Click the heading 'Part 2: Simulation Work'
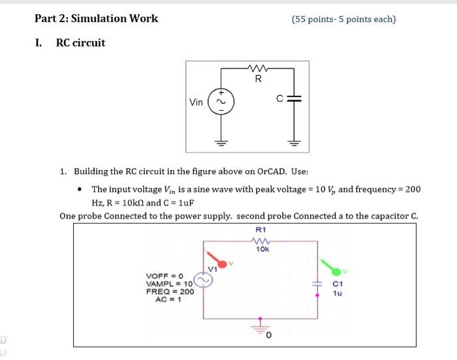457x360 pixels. pyautogui.click(x=97, y=18)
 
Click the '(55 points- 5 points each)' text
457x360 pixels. pyautogui.click(x=343, y=19)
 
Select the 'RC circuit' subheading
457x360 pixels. pyautogui.click(x=80, y=43)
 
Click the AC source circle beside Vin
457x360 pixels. pyautogui.click(x=220, y=102)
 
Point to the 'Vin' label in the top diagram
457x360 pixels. pyautogui.click(x=196, y=102)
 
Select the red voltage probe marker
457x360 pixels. pyautogui.click(x=223, y=263)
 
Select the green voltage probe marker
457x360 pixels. pyautogui.click(x=336, y=270)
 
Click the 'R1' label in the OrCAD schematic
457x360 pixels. pyautogui.click(x=261, y=230)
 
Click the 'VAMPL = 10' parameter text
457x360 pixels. pyautogui.click(x=170, y=284)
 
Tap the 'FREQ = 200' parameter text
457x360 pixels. pyautogui.click(x=170, y=292)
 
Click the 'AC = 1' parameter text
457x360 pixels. pyautogui.click(x=167, y=299)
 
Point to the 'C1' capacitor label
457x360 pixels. pyautogui.click(x=338, y=284)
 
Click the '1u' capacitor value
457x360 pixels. pyautogui.click(x=338, y=293)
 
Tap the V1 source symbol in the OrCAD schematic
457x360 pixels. pyautogui.click(x=202, y=280)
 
